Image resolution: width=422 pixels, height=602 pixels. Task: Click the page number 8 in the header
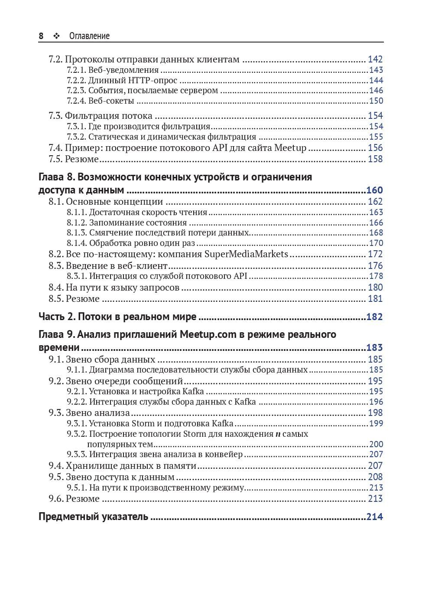click(x=41, y=36)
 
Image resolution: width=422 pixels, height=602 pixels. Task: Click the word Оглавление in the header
click(x=89, y=36)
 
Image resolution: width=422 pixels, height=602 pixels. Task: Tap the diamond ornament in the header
click(x=56, y=36)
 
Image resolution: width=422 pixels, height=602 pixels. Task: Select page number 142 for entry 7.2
click(x=375, y=59)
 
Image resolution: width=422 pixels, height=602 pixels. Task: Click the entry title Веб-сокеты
click(x=111, y=101)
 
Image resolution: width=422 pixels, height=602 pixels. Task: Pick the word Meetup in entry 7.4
click(x=290, y=148)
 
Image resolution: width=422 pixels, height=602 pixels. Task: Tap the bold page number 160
click(x=375, y=190)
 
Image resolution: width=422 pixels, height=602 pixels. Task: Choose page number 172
click(x=375, y=254)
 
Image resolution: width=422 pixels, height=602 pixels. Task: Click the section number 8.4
click(x=56, y=287)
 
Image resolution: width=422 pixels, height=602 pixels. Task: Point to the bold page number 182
click(x=375, y=317)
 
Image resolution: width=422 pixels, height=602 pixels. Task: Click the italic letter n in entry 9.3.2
click(x=278, y=434)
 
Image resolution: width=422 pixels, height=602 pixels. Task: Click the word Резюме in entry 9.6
click(x=83, y=499)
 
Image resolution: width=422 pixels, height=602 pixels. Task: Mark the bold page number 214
click(x=375, y=517)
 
